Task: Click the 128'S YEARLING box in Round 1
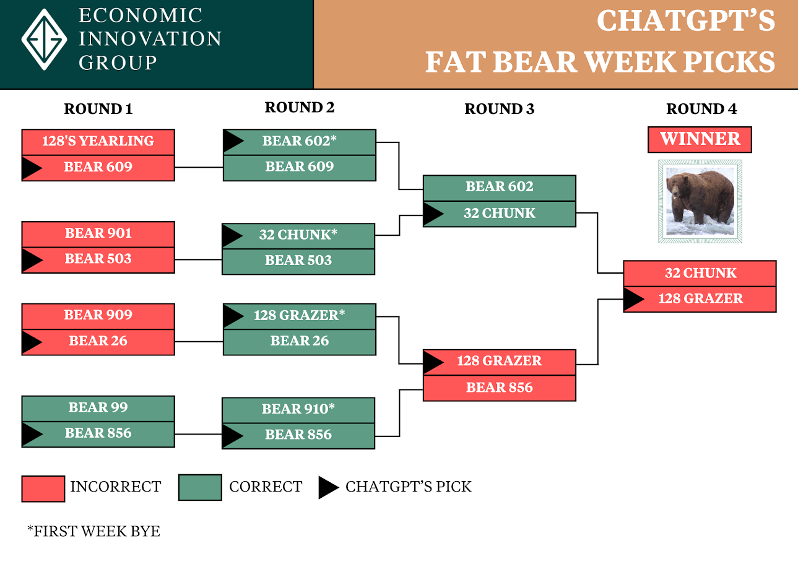tap(98, 141)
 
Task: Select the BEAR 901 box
tap(98, 233)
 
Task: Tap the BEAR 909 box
tap(98, 315)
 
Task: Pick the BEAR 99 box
tap(98, 407)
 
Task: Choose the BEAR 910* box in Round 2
tap(298, 409)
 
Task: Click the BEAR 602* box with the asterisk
tap(299, 141)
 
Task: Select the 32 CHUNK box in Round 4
tap(700, 273)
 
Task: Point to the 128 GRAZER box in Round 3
tap(499, 361)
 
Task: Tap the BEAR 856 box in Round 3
tap(499, 388)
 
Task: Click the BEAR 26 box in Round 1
tap(98, 341)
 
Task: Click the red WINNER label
tap(700, 139)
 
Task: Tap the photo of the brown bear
tap(700, 201)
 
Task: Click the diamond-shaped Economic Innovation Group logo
tap(44, 38)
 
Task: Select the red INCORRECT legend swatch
tap(43, 488)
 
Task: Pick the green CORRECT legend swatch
tap(199, 487)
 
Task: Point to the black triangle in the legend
tap(328, 487)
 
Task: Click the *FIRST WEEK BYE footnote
tap(93, 531)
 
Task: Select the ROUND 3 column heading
tap(499, 109)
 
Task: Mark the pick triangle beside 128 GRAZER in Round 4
tap(633, 299)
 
